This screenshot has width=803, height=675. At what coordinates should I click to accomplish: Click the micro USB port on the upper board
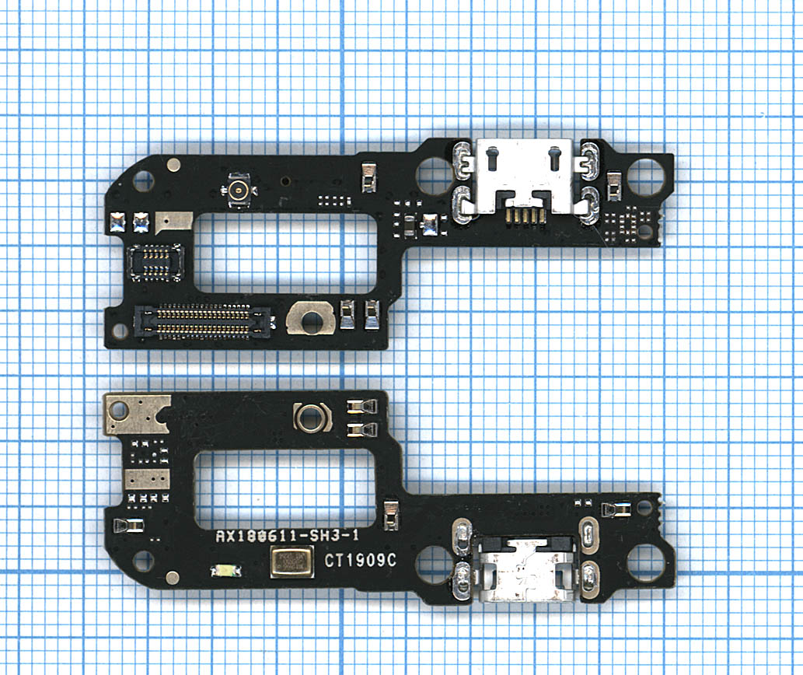(524, 177)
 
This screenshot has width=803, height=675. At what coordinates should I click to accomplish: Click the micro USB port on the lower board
(525, 569)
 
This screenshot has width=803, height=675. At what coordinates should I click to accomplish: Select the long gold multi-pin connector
(202, 321)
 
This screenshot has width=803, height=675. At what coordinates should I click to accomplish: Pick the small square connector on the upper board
(155, 262)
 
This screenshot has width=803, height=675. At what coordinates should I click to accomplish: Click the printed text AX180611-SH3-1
(287, 537)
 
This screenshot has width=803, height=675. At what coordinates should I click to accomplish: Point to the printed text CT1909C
(360, 560)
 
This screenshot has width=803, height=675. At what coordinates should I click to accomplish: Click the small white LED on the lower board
(226, 570)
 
